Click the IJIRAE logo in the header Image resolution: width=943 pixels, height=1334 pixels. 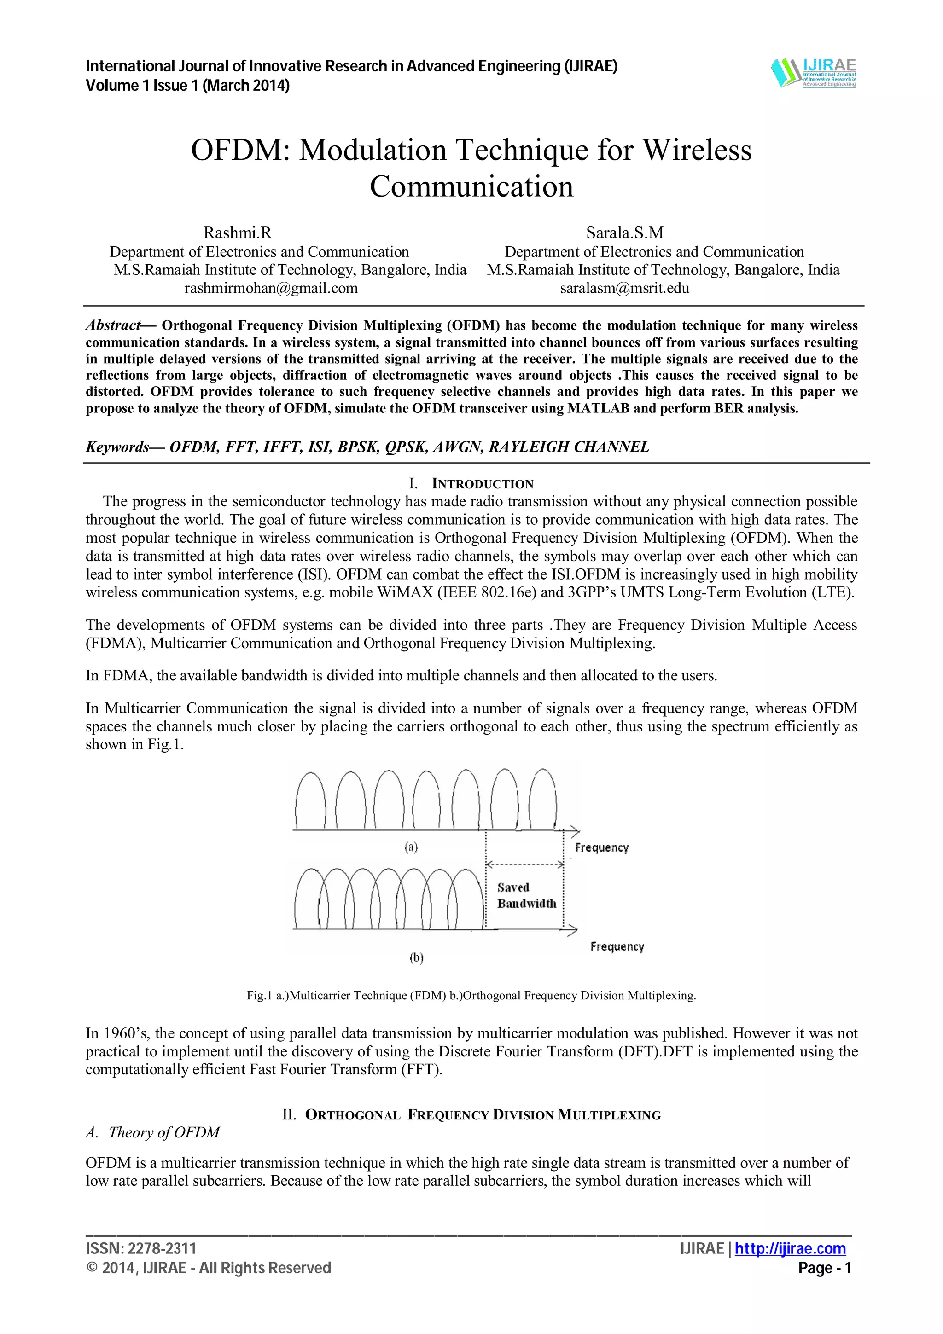(814, 73)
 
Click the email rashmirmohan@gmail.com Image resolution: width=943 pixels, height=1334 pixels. (271, 288)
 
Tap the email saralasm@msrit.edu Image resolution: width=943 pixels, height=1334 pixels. (625, 288)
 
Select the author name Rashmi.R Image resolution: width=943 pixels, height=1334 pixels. (237, 233)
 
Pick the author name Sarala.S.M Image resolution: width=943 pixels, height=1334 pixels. (625, 233)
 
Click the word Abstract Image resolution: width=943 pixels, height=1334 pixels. (114, 325)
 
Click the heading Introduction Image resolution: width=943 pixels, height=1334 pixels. (482, 484)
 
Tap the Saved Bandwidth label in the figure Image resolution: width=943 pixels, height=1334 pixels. (526, 895)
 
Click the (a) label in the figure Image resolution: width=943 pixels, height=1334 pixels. (411, 847)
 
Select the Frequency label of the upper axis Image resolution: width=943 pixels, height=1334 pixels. (601, 848)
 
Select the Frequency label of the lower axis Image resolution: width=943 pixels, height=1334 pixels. (617, 946)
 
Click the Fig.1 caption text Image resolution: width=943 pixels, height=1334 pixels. (471, 995)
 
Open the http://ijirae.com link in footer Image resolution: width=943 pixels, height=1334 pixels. (790, 1248)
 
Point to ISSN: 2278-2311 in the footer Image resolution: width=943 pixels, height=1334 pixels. (141, 1248)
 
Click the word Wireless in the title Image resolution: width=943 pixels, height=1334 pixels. (697, 150)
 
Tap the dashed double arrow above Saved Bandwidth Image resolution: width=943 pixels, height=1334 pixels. (524, 864)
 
